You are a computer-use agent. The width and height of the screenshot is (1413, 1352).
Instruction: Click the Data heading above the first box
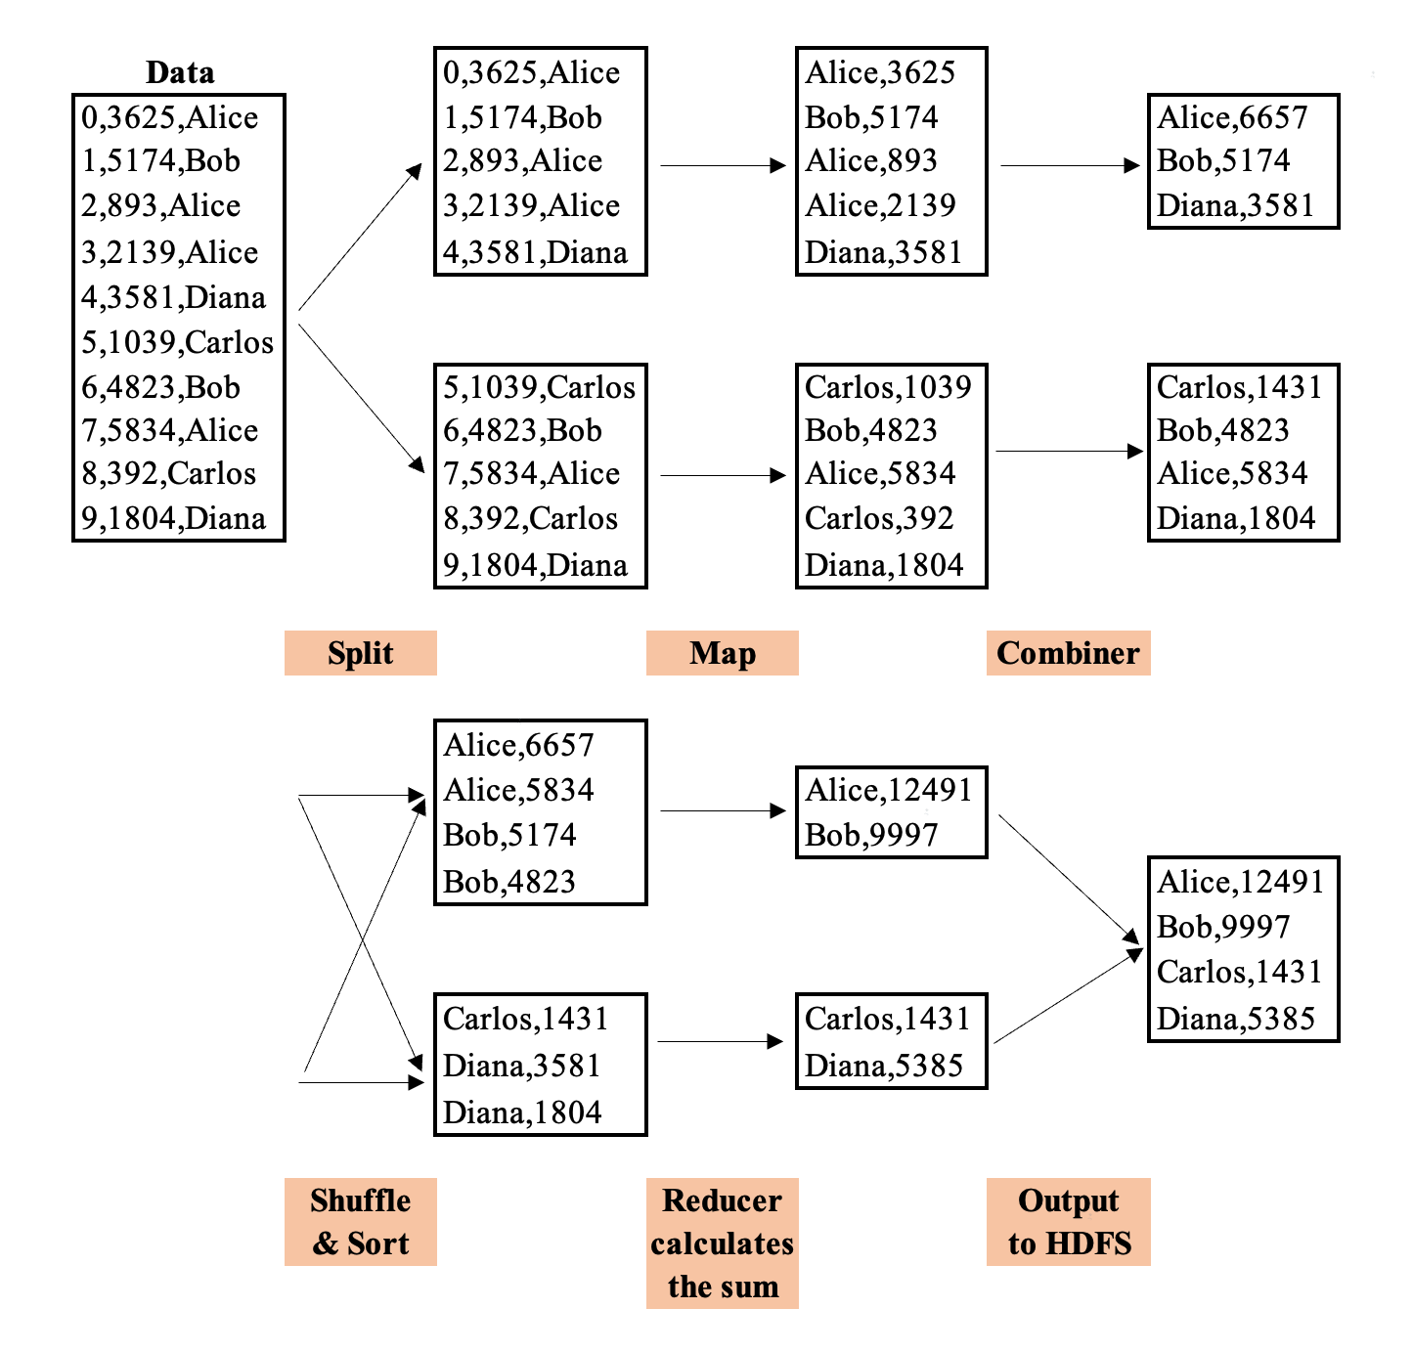(x=179, y=72)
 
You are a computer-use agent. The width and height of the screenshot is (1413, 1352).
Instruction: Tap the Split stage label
(x=360, y=653)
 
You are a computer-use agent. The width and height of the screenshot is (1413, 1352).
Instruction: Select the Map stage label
(x=722, y=653)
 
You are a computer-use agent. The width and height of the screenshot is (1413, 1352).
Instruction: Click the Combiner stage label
(x=1068, y=653)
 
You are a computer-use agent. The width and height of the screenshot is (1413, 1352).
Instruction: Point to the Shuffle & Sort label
(x=360, y=1222)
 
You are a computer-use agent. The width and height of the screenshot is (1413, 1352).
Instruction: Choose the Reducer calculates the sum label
(x=722, y=1243)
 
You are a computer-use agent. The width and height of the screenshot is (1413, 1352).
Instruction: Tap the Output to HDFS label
(x=1068, y=1222)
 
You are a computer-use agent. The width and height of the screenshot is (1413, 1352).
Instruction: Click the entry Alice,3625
(x=880, y=72)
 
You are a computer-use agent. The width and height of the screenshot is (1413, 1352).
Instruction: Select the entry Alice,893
(x=870, y=160)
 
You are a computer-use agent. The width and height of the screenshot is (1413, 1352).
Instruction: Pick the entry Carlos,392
(x=878, y=518)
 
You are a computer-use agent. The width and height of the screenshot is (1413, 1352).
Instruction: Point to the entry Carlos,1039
(x=887, y=387)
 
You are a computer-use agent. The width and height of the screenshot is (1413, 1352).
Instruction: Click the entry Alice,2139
(x=880, y=205)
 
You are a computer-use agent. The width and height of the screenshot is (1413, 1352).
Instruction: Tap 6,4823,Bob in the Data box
(x=160, y=387)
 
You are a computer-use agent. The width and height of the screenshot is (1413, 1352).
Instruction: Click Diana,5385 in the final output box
(x=1235, y=1019)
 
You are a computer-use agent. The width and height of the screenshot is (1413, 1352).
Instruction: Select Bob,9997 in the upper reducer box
(x=870, y=835)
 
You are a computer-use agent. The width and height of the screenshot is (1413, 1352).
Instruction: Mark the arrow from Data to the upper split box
(x=360, y=238)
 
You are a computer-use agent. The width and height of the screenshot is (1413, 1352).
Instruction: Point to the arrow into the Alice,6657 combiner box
(x=1071, y=165)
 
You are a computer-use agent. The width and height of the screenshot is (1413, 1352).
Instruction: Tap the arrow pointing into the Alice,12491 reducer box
(x=723, y=810)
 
